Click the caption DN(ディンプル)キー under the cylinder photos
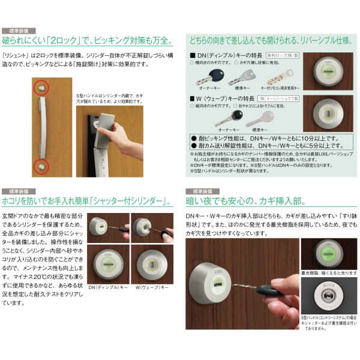pyautogui.click(x=109, y=288)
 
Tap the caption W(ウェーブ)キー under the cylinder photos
pyautogui.click(x=151, y=288)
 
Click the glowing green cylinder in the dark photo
pyautogui.click(x=328, y=253)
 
